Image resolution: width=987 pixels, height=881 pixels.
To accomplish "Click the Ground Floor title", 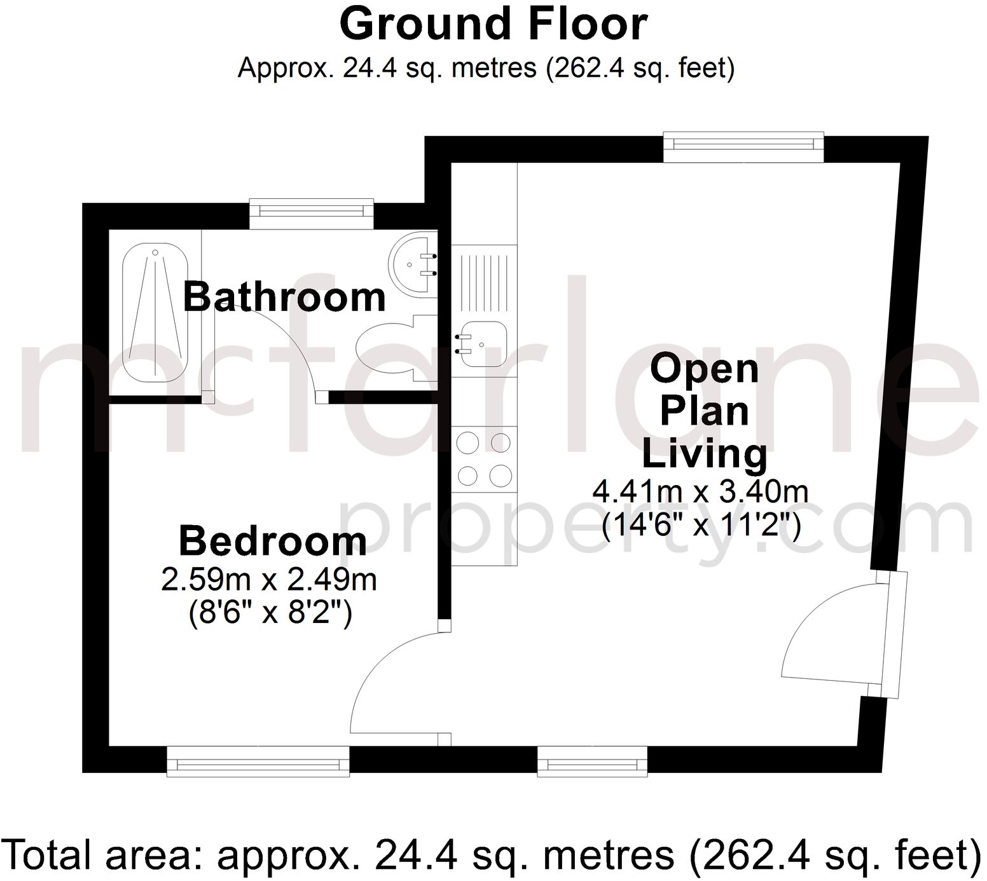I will point(493,24).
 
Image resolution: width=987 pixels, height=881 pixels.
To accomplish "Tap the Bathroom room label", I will point(284,297).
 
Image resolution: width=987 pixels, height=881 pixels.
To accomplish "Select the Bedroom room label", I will point(273,541).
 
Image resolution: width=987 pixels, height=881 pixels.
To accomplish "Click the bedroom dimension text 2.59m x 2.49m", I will point(269,580).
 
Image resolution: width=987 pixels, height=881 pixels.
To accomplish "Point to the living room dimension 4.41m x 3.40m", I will point(700,491).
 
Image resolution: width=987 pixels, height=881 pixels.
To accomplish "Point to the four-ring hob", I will point(484,459).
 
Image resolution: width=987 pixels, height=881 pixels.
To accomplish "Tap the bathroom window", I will point(311,213).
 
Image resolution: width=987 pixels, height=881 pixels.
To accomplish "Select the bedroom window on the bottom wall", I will point(258,761).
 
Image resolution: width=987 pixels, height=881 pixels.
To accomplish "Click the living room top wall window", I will point(743,146).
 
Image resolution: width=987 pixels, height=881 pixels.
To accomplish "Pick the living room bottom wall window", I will point(592,761).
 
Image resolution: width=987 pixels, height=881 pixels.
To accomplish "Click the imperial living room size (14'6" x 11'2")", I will point(700,524).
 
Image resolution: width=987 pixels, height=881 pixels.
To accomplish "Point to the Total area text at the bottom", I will point(493,855).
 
